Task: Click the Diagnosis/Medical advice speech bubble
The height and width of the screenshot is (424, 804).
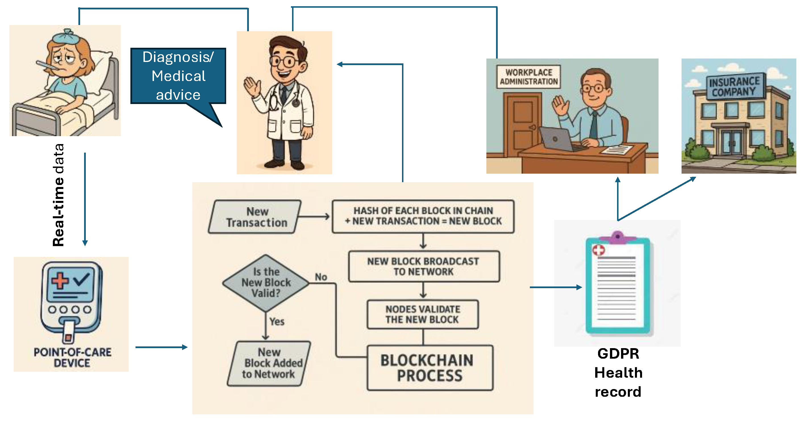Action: pos(178,76)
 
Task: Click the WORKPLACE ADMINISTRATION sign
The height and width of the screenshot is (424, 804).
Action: pos(528,77)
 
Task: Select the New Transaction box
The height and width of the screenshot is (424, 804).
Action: pos(255,217)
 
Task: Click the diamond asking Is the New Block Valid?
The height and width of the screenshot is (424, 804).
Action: pos(266,283)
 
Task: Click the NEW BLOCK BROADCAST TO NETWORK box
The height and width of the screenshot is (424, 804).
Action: pos(423,266)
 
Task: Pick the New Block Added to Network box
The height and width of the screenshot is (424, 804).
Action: pos(269,363)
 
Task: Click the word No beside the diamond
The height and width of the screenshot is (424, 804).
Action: pos(321,277)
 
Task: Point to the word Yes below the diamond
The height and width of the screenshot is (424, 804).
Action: pos(277,322)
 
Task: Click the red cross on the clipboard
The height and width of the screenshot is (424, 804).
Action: pos(598,250)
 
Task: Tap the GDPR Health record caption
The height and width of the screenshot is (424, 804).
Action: pos(618,373)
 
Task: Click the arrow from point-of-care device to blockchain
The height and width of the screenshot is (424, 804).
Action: pos(161,347)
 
